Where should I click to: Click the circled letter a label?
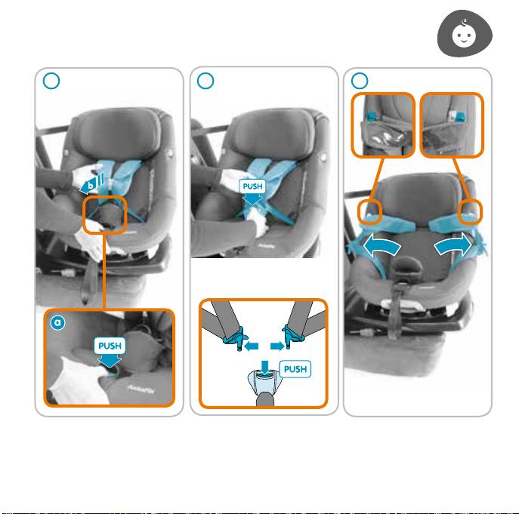tap(57, 322)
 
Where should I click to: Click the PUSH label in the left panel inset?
tap(110, 346)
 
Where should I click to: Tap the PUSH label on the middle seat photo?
tap(252, 186)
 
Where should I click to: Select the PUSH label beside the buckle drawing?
tap(295, 369)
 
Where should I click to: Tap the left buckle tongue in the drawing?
tap(236, 337)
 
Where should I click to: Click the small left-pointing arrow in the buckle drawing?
tap(252, 346)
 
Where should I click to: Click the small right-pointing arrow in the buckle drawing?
tap(277, 346)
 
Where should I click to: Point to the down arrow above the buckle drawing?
tap(264, 366)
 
